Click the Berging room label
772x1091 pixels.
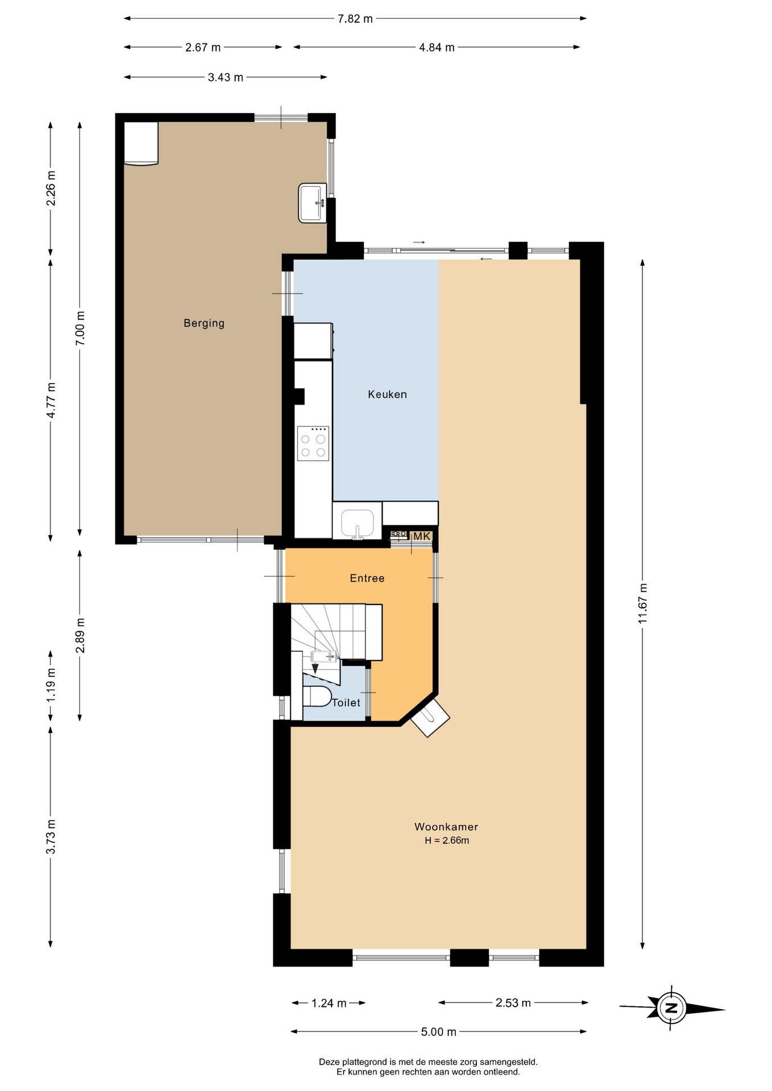204,323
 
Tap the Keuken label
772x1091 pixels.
387,394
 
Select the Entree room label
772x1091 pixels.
367,578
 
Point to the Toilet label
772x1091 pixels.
346,703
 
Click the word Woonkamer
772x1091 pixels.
446,827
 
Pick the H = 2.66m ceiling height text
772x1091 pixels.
447,840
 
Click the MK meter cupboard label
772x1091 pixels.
422,536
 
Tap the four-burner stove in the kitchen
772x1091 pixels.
313,443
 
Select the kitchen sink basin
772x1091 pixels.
357,523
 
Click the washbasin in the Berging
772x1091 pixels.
312,203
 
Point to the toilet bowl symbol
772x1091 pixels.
317,696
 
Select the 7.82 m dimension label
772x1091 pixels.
355,19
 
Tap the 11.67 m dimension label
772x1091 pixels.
643,603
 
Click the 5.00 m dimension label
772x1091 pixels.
439,1032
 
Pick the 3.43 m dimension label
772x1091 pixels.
226,77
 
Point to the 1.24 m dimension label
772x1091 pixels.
329,1003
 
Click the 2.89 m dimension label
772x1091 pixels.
80,635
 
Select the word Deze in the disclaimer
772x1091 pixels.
329,1062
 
